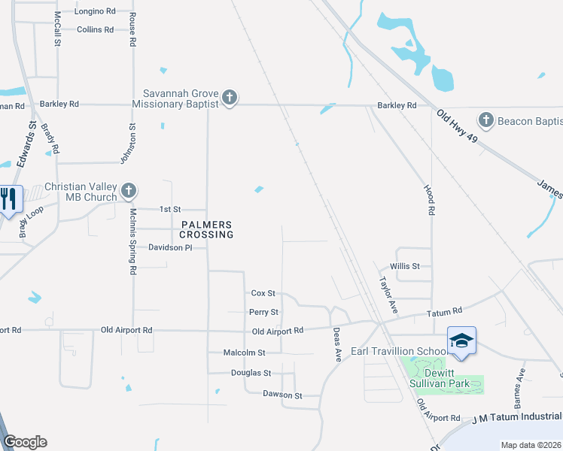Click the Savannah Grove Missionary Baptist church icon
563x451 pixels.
[230, 98]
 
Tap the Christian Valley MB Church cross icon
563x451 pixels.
[129, 192]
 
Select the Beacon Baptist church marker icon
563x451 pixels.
[486, 120]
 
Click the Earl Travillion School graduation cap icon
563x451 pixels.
[460, 340]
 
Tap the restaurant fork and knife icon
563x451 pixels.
[10, 198]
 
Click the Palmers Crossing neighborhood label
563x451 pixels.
[207, 229]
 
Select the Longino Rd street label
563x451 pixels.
[95, 12]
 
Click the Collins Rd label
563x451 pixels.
[95, 30]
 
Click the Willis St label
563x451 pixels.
[404, 266]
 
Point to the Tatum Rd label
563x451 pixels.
[444, 312]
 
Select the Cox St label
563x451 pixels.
[263, 293]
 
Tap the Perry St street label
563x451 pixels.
[263, 312]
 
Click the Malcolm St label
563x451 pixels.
[245, 353]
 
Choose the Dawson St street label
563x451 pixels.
[281, 395]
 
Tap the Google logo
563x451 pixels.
[25, 441]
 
